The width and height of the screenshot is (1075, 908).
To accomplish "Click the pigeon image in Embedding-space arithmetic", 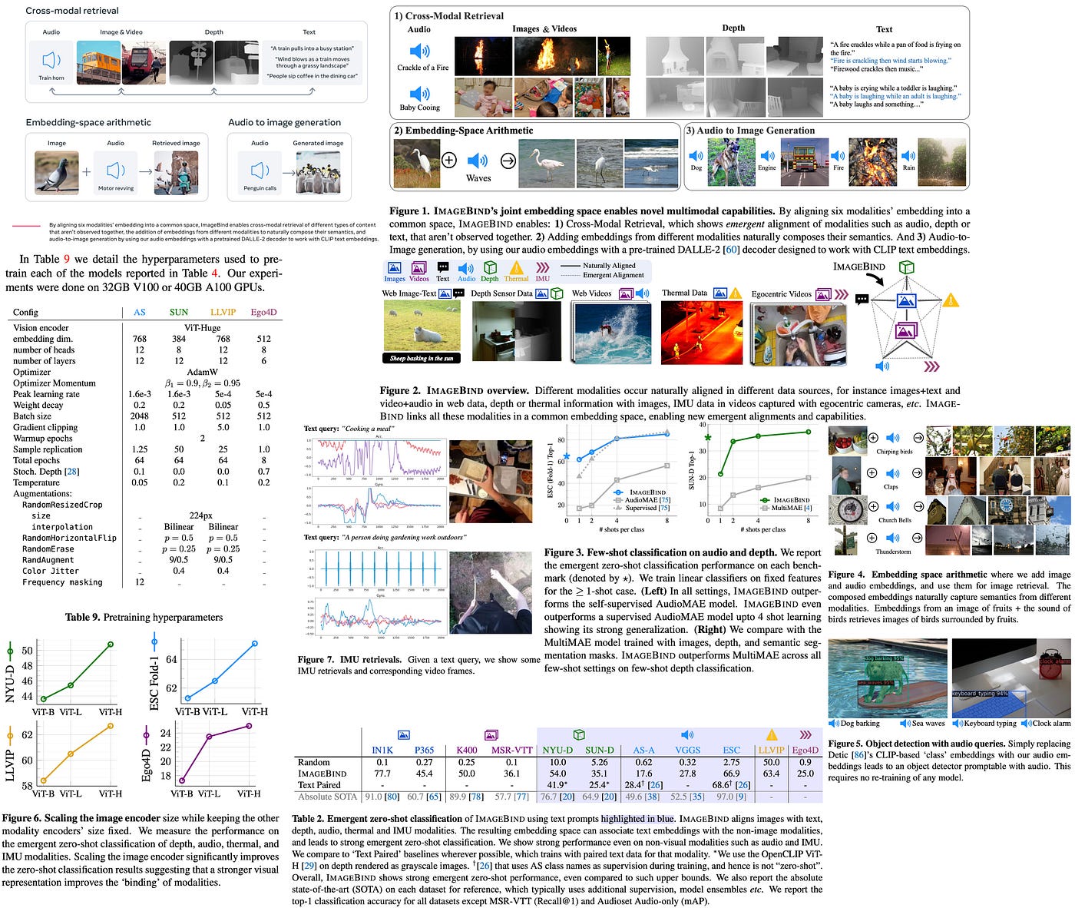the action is (x=56, y=172).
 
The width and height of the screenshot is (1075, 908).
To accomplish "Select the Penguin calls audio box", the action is (x=260, y=171).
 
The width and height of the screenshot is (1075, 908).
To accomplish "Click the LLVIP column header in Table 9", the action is (x=223, y=312).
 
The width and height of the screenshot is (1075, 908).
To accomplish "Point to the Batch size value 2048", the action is (x=139, y=416).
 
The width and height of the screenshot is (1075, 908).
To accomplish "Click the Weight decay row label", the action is (x=38, y=405).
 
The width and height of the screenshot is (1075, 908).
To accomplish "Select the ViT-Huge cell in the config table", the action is (x=202, y=327).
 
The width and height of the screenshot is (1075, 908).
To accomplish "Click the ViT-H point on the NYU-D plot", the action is (x=111, y=644).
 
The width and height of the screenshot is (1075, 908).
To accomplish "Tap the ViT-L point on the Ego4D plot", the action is (x=208, y=736).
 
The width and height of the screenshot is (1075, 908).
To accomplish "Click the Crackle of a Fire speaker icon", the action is (x=420, y=51).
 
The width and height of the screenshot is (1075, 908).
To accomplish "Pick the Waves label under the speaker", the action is (x=478, y=178).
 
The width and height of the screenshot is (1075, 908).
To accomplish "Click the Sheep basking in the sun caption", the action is (x=422, y=358).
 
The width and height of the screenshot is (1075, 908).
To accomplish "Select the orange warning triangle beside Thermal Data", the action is (x=736, y=293).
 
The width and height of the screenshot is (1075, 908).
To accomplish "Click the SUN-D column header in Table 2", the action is (x=599, y=750).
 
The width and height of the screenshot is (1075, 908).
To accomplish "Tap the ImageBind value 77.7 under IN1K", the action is (x=382, y=774).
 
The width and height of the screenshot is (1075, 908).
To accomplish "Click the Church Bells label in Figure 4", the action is (x=895, y=520).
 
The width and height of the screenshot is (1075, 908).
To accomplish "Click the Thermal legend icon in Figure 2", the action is (x=516, y=268).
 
